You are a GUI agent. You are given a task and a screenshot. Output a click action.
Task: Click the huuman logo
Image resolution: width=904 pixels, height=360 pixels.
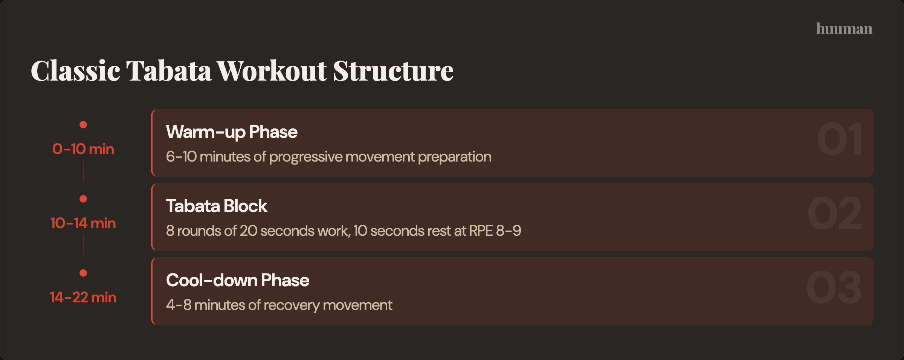pos(844,29)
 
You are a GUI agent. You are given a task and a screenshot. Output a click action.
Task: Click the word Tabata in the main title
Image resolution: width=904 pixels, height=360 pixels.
pos(169,71)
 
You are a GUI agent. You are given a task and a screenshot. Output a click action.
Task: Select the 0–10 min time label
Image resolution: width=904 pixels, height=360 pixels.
pos(83,149)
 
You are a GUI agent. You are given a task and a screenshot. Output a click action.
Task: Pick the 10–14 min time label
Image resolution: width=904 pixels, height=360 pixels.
pos(83,223)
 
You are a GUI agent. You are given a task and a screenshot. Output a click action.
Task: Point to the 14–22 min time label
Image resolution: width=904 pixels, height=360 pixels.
pos(83,297)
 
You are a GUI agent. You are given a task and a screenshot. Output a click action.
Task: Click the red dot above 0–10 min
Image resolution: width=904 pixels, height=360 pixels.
pos(83,125)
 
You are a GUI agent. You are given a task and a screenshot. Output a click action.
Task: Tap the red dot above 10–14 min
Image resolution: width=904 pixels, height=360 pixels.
pos(83,199)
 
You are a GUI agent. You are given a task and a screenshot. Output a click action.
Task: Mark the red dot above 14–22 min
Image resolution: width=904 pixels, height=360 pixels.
pos(83,273)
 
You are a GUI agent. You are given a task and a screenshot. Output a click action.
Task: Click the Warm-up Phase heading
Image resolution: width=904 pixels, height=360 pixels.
pos(232,132)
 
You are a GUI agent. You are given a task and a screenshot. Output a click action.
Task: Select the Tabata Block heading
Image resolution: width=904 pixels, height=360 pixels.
pos(217,206)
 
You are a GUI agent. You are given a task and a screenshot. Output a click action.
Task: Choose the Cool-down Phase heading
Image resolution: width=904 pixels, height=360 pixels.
pos(238,281)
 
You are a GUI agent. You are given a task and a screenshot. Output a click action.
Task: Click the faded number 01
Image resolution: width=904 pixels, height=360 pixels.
pos(840,139)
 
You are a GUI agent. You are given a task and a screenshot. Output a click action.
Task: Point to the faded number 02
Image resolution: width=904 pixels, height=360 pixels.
pos(835,214)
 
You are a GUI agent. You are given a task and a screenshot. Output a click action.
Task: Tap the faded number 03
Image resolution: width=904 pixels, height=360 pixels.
pos(834,288)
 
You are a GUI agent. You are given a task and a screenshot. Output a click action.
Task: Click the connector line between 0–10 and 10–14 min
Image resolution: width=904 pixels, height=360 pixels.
pos(83,171)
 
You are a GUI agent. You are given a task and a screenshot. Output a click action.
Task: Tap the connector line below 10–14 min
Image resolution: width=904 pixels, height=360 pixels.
pos(83,245)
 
